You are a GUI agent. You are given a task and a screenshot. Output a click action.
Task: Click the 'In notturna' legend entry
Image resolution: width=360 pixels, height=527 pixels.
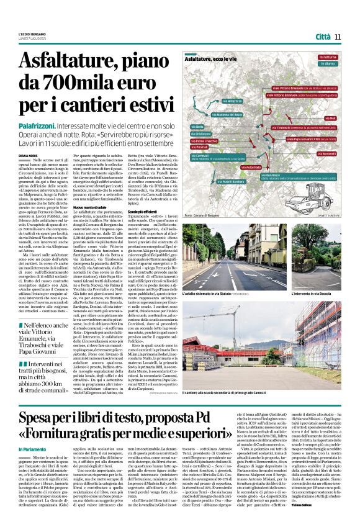327,57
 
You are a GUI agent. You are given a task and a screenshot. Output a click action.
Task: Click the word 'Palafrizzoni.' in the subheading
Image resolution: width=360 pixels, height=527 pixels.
40,125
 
